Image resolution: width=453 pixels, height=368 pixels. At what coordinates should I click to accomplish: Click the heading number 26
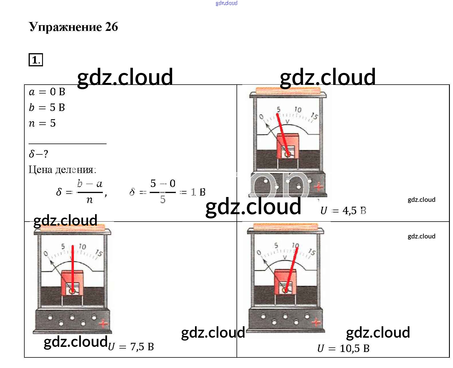[111, 27]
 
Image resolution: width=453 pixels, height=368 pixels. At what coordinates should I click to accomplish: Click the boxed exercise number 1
[36, 60]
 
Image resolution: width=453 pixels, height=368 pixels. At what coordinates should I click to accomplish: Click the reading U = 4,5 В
[343, 211]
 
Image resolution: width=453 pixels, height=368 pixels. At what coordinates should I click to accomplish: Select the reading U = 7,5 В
[131, 347]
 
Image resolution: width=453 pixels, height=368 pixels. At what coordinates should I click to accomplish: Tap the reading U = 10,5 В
[343, 349]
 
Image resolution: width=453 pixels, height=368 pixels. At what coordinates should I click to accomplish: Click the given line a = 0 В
[47, 92]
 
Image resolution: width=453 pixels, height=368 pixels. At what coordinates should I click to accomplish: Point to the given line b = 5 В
[47, 108]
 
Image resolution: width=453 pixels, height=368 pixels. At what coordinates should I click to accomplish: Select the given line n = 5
[42, 123]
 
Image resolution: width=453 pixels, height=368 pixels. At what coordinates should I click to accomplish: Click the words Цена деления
[62, 170]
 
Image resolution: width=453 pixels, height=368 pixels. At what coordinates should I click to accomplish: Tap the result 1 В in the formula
[198, 192]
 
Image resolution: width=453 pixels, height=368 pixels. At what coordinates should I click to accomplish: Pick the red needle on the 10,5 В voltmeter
[291, 269]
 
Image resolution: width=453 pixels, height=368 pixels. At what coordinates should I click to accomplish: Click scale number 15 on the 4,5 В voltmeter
[314, 116]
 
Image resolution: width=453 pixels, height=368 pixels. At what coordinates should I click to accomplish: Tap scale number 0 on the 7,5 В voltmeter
[46, 254]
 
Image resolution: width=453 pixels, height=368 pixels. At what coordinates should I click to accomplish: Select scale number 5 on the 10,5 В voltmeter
[276, 245]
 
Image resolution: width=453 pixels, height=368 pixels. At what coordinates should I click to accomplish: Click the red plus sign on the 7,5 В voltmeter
[103, 324]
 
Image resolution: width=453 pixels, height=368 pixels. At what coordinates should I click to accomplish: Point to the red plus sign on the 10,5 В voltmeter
[316, 323]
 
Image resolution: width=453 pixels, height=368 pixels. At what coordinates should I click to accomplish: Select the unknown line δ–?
[38, 154]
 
